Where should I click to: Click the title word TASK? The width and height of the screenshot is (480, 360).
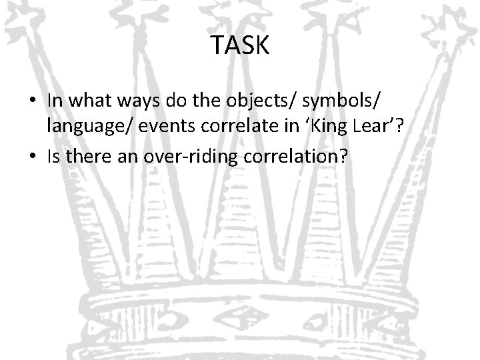click(x=240, y=45)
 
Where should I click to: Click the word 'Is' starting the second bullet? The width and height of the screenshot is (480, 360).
click(x=55, y=158)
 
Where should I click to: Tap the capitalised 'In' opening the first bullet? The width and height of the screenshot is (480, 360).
click(x=55, y=100)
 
